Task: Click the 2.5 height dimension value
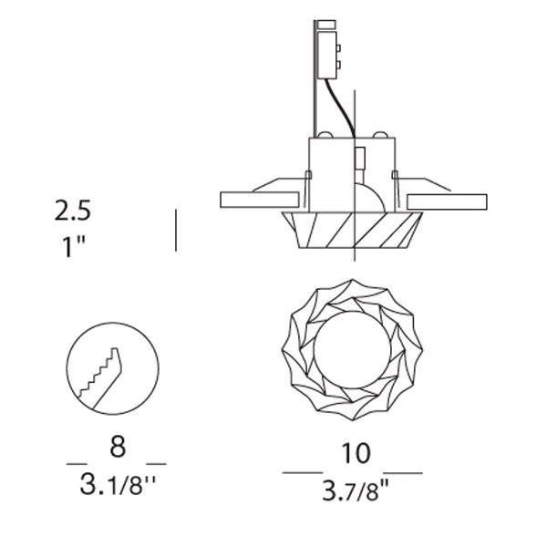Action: [73, 211]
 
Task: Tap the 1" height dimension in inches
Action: [74, 246]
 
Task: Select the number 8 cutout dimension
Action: [118, 447]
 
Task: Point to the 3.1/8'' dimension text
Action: [118, 484]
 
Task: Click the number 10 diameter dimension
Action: [356, 453]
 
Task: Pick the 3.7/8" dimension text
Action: [356, 490]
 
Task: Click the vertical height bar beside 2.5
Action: [176, 231]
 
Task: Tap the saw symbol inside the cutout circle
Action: [100, 378]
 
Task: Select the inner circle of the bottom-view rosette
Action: [352, 349]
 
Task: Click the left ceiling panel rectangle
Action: [260, 200]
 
